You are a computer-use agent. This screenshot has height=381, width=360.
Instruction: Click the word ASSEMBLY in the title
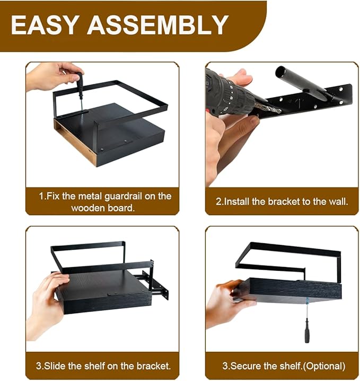[158, 25]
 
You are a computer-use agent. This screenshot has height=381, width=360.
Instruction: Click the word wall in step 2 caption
[339, 202]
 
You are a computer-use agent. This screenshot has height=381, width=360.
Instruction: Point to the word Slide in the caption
[54, 366]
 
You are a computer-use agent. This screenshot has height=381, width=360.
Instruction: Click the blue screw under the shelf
[307, 300]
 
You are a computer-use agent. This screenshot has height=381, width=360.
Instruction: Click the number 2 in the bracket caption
[218, 202]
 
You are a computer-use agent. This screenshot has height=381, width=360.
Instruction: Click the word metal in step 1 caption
[90, 197]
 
